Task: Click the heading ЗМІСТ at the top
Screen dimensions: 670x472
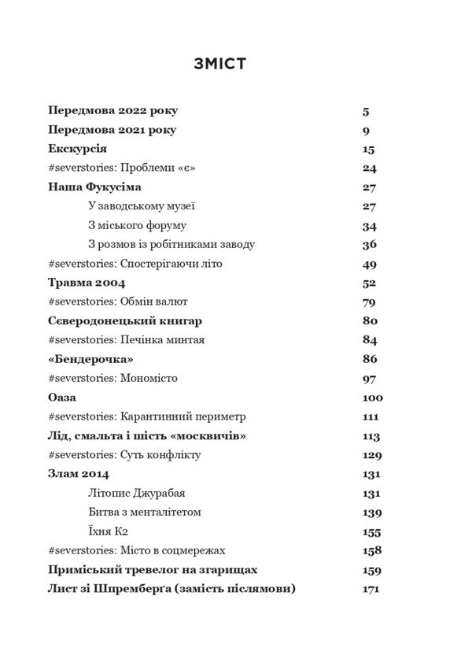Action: pos(219,65)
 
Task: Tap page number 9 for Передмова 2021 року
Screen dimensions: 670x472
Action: pos(367,130)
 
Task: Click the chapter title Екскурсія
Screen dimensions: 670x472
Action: pos(77,149)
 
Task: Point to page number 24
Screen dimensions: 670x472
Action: pos(370,168)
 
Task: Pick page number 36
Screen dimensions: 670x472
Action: pos(370,244)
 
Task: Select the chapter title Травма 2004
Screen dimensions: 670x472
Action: pos(87,283)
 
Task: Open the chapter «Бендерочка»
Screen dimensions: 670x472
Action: pos(90,359)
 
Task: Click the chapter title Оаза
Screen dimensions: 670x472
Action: pos(65,397)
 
